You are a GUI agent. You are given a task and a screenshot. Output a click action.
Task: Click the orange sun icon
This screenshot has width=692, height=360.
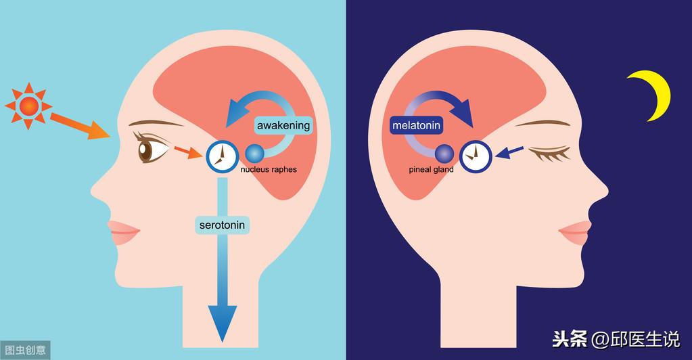(x=28, y=106)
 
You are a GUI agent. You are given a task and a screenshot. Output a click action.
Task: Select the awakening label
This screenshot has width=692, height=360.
(x=283, y=125)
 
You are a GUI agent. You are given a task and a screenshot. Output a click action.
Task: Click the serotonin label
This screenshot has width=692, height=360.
(x=222, y=225)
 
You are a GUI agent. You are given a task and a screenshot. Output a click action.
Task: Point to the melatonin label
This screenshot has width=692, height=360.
(x=416, y=125)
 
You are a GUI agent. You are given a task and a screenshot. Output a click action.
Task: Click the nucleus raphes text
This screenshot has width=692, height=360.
(x=269, y=169)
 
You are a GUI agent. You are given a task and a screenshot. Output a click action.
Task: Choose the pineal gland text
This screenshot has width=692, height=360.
(x=431, y=170)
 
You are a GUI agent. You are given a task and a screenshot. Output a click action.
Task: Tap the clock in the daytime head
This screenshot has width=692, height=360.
(x=222, y=156)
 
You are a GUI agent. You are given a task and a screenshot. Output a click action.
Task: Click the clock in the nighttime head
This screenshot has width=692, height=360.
(x=476, y=156)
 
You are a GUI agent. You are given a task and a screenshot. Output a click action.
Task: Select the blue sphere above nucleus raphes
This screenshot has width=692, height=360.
(x=254, y=154)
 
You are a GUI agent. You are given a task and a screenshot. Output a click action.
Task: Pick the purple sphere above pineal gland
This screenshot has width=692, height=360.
(x=444, y=154)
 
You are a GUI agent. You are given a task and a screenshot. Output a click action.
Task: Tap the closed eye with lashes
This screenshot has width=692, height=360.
(x=550, y=153)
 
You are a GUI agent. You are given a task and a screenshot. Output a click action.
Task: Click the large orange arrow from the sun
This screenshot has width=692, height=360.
(x=80, y=126)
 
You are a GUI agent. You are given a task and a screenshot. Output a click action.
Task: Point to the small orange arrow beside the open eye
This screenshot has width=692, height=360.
(x=188, y=152)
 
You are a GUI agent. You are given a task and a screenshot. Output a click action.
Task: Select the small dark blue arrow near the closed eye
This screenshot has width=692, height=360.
(x=509, y=152)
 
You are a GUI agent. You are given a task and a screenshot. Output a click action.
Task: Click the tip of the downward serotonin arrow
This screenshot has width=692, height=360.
(x=222, y=342)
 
